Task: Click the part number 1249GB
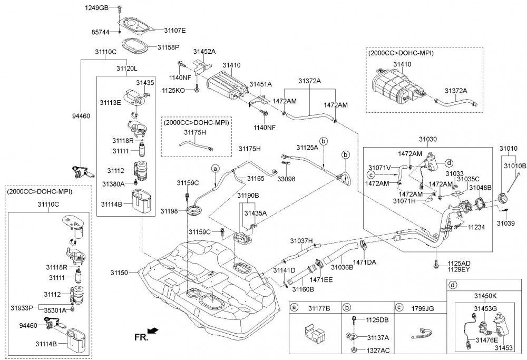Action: pyautogui.click(x=97, y=8)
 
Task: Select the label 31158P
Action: pyautogui.click(x=168, y=47)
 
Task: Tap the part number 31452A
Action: pyautogui.click(x=204, y=52)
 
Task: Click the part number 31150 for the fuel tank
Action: pyautogui.click(x=120, y=273)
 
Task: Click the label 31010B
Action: pyautogui.click(x=516, y=166)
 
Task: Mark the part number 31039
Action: pyautogui.click(x=506, y=223)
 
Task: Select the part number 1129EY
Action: pyautogui.click(x=459, y=269)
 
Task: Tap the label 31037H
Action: pyautogui.click(x=301, y=241)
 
